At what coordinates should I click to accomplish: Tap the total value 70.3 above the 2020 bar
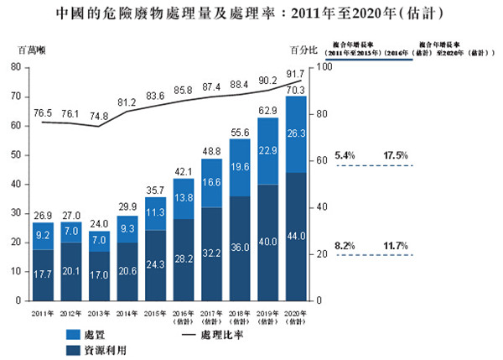tap(296, 90)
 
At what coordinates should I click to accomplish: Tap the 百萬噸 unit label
tap(31, 49)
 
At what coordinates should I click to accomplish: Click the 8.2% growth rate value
tap(345, 245)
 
